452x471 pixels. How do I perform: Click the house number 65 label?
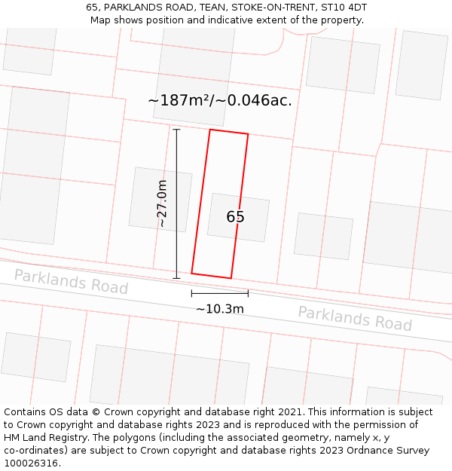pyautogui.click(x=235, y=217)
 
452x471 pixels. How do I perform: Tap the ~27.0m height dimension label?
pyautogui.click(x=162, y=203)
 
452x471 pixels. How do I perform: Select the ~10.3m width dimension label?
pyautogui.click(x=220, y=309)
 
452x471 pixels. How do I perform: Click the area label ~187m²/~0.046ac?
pyautogui.click(x=220, y=99)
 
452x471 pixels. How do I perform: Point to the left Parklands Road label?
pyautogui.click(x=71, y=282)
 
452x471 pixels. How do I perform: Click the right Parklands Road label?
pyautogui.click(x=355, y=318)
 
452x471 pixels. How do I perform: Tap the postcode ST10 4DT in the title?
pyautogui.click(x=342, y=8)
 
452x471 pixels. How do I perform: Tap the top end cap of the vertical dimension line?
pyautogui.click(x=176, y=130)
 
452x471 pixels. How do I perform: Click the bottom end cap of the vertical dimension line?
pyautogui.click(x=176, y=278)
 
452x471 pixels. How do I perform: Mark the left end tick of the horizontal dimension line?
pyautogui.click(x=191, y=293)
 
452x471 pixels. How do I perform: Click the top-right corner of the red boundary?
pyautogui.click(x=248, y=135)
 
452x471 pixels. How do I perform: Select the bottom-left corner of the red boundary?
pyautogui.click(x=191, y=273)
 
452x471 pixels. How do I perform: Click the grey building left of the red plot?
pyautogui.click(x=160, y=199)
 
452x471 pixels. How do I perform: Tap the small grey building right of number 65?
pyautogui.click(x=323, y=236)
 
